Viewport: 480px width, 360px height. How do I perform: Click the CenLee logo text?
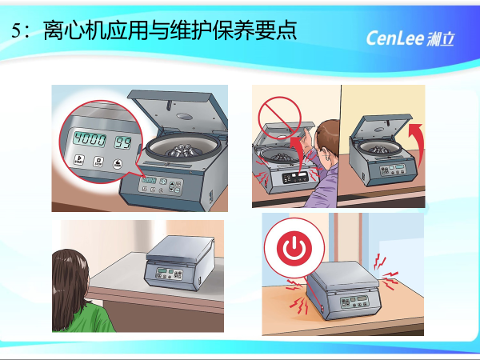click(398, 38)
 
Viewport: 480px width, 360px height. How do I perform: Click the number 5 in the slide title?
click(18, 33)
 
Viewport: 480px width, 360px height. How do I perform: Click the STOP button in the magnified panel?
click(98, 163)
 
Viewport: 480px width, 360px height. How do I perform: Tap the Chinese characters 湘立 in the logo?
click(440, 38)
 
